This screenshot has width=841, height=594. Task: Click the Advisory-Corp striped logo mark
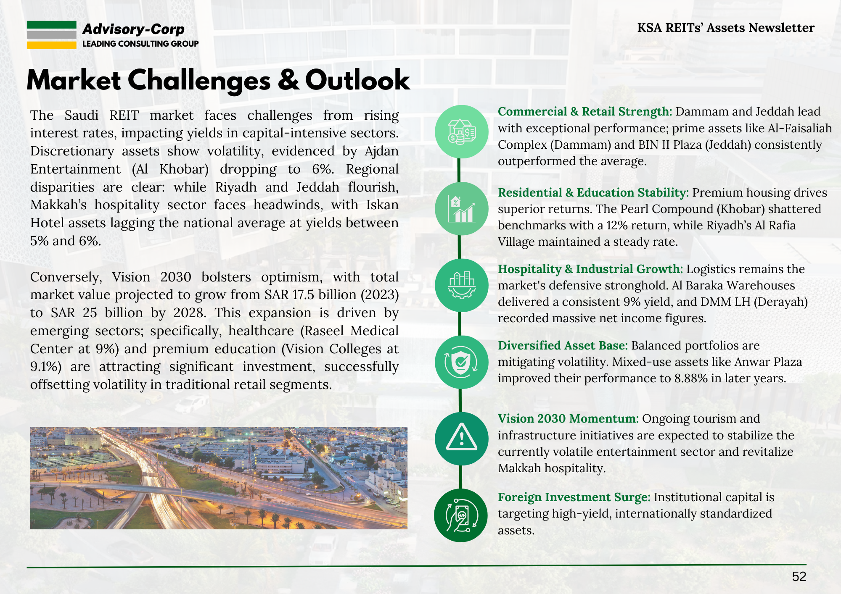[x=51, y=35]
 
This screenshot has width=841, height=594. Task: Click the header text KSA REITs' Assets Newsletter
[x=726, y=28]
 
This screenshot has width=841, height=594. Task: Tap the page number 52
[x=799, y=576]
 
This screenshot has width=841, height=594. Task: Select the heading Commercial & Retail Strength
[x=585, y=111]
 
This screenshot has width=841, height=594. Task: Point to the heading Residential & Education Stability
[x=593, y=192]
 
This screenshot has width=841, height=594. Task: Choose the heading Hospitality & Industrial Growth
[x=590, y=269]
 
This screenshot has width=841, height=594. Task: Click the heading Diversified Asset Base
[x=563, y=345]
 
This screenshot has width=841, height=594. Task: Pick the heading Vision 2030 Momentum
[x=568, y=418]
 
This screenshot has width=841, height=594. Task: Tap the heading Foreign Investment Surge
[x=574, y=497]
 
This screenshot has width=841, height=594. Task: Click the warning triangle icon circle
[x=461, y=439]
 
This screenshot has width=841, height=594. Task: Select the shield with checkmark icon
[x=461, y=362]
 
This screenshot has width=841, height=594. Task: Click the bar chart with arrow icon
[x=461, y=209]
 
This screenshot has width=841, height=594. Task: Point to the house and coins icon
[x=461, y=131]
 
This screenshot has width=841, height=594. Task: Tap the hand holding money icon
[x=461, y=515]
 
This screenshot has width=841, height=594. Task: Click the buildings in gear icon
[x=461, y=285]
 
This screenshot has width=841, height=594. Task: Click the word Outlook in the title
[x=357, y=80]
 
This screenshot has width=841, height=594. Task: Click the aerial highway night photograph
[x=219, y=478]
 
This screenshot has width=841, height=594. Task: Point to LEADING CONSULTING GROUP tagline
[x=140, y=44]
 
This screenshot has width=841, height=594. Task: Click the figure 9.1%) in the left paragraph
[x=46, y=367]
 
